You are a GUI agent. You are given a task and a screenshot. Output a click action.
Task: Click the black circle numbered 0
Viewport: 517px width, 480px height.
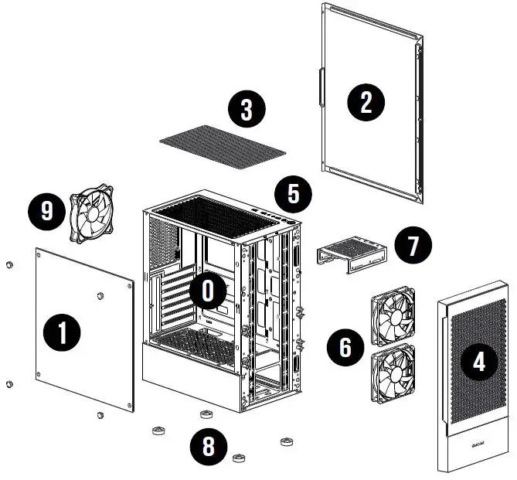tap(207, 291)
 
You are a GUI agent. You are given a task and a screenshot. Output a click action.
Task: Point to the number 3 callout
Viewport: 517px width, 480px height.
tap(247, 110)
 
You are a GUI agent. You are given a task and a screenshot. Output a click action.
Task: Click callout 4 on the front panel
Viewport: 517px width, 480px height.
tap(480, 362)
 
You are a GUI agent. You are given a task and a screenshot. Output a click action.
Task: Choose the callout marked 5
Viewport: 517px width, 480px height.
tap(294, 192)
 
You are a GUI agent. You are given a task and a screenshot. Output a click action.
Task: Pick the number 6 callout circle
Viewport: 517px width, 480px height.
tap(345, 348)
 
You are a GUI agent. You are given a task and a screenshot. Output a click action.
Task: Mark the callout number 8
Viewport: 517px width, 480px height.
tap(210, 446)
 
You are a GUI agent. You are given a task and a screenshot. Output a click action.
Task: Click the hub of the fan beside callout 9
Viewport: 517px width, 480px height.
tap(92, 213)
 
